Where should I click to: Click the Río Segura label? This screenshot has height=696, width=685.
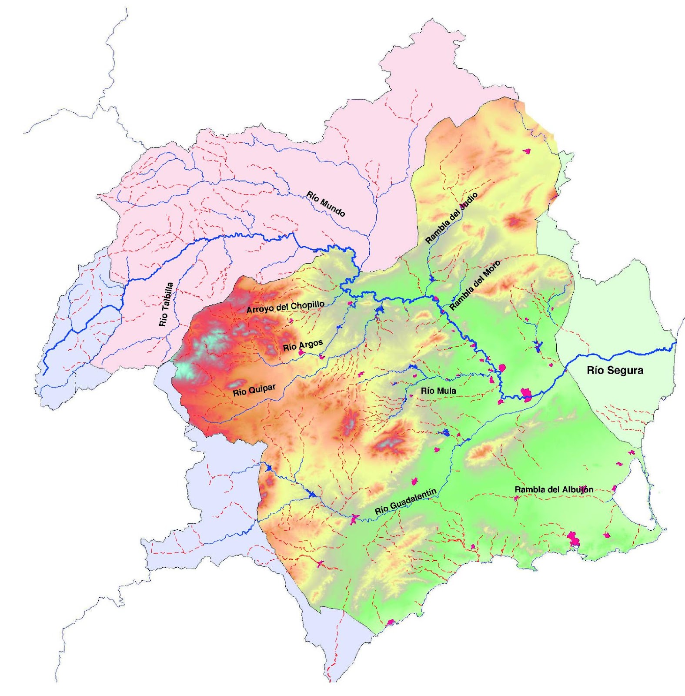tap(615, 370)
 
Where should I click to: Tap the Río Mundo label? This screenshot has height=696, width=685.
tap(326, 204)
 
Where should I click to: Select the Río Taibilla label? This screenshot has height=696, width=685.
tap(166, 304)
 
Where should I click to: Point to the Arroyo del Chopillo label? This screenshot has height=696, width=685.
tap(285, 307)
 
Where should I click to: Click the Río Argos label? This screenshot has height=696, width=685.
tap(303, 345)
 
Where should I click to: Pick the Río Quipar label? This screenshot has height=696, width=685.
tap(254, 390)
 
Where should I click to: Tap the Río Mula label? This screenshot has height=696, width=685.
tap(438, 391)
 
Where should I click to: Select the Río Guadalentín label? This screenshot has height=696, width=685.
tap(405, 502)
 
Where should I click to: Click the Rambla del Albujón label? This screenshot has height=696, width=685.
tap(554, 489)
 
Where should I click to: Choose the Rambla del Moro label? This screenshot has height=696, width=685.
tap(474, 285)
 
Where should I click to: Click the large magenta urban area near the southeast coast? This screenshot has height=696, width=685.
tap(573, 539)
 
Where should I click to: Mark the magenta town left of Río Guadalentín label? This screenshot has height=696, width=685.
tap(354, 519)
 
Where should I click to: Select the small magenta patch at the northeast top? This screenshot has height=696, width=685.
tap(527, 151)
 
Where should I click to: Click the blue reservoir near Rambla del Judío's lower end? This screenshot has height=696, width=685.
tap(432, 278)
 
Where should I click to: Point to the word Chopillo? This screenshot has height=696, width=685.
tap(307, 306)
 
